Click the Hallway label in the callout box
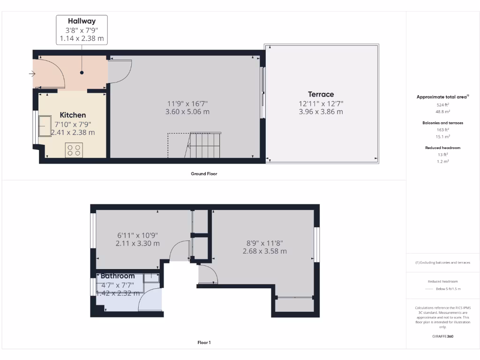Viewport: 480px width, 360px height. coord(82,21)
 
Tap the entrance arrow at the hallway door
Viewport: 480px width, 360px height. coord(32,74)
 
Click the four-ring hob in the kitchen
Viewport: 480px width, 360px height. coord(74,150)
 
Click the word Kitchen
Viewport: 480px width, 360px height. coord(73,115)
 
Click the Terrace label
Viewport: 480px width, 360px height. coord(321,94)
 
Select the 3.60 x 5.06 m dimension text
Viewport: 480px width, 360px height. coord(187,112)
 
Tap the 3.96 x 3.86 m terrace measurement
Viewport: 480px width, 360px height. coord(321,112)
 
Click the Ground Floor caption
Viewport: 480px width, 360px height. coord(204,173)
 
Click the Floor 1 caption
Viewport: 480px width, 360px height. coord(204,343)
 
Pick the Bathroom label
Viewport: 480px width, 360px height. coord(118,276)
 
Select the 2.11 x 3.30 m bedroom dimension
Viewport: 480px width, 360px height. coord(137,243)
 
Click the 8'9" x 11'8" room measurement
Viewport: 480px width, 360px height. coord(264,243)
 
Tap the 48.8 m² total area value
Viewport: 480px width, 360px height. coord(442,112)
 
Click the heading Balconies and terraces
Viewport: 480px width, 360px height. coord(442,123)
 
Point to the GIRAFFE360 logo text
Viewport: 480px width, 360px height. coord(442,336)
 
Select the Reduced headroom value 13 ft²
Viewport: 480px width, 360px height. coord(442,154)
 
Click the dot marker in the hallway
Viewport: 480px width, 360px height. coord(82,73)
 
